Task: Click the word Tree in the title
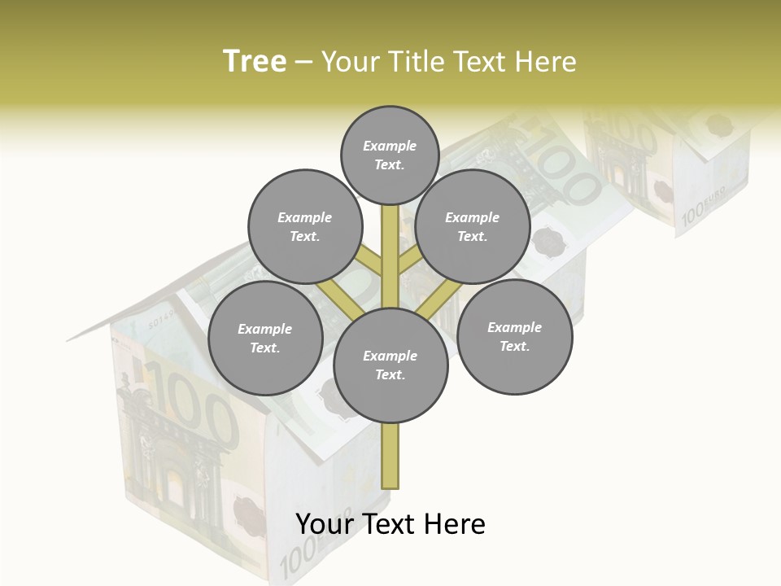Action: click(x=255, y=61)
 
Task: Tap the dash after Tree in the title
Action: click(x=303, y=62)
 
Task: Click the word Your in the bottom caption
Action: click(x=325, y=524)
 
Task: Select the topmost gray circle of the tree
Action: click(x=390, y=155)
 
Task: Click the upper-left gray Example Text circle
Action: click(x=304, y=226)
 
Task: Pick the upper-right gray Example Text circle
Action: click(x=473, y=226)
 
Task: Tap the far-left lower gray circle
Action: click(x=265, y=338)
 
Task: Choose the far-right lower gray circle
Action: click(x=514, y=336)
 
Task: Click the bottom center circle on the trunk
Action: click(x=390, y=365)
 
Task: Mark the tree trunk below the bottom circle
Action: click(x=390, y=456)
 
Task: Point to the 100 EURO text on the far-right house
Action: click(x=701, y=213)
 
